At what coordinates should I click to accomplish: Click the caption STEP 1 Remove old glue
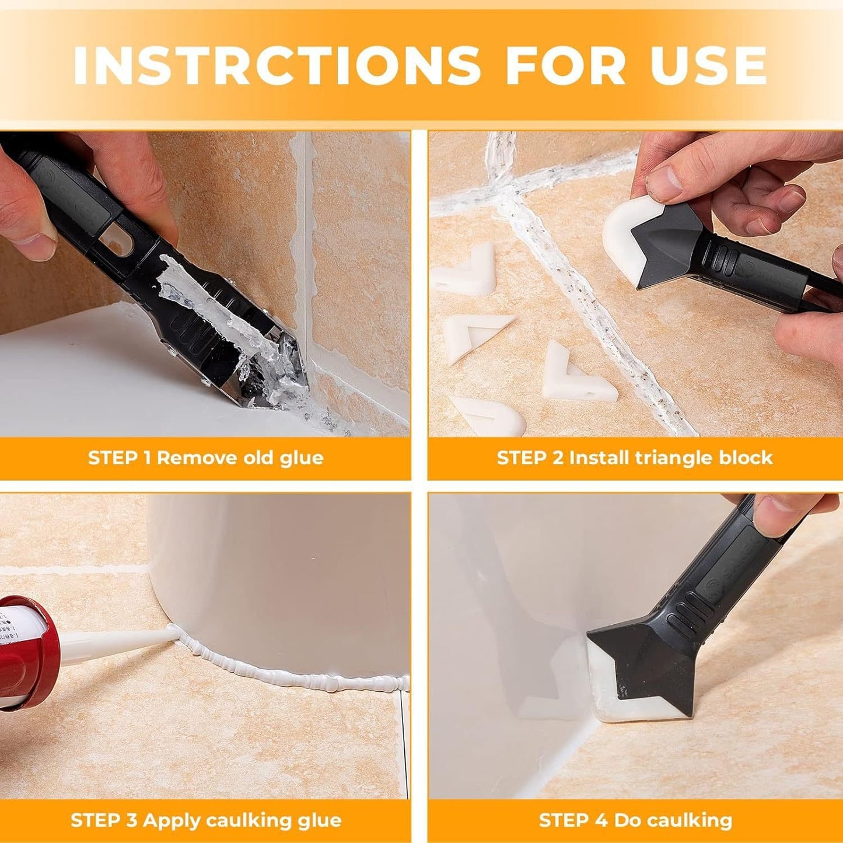click(205, 457)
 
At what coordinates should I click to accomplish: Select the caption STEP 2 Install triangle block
click(635, 457)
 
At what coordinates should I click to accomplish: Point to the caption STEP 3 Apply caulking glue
click(205, 820)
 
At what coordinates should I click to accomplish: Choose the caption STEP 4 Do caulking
click(635, 820)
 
